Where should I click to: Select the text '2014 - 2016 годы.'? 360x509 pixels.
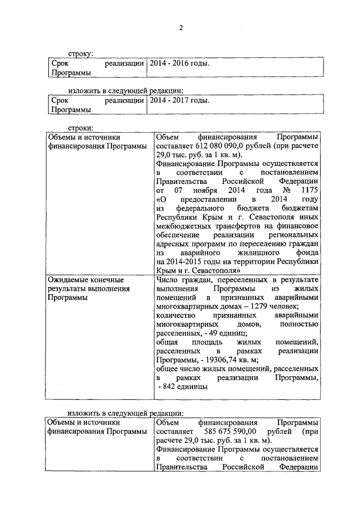[x=178, y=63]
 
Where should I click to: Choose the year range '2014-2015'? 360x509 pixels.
[x=188, y=262]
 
